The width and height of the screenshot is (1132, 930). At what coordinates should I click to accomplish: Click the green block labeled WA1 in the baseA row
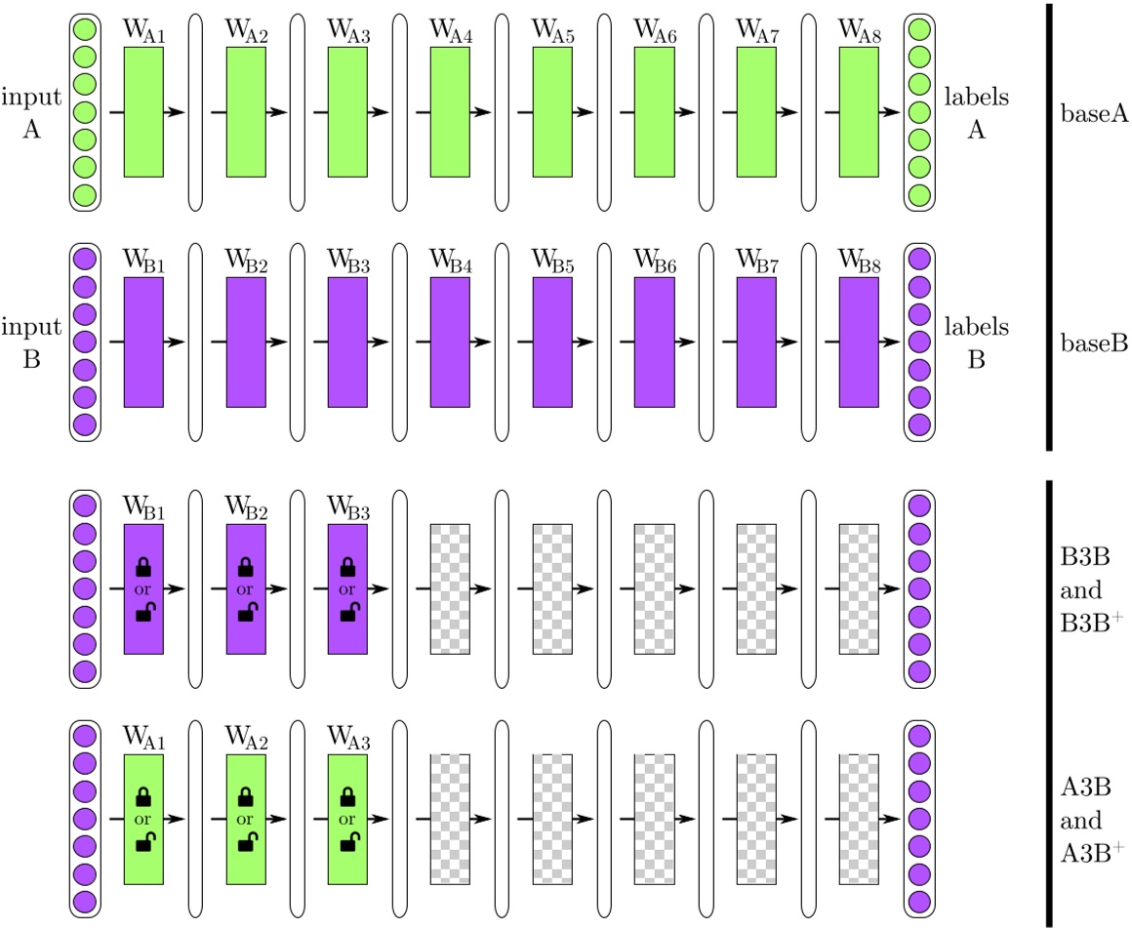[143, 111]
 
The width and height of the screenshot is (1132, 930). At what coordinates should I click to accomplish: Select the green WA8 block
[859, 111]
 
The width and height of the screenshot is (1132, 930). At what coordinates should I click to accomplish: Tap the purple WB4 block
[450, 342]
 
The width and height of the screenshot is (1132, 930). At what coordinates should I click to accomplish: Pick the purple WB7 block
[756, 342]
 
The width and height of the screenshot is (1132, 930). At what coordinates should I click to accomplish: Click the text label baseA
[1093, 115]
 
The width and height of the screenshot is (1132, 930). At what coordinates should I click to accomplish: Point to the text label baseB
[1093, 344]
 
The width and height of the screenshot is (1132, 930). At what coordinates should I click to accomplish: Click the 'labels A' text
[976, 114]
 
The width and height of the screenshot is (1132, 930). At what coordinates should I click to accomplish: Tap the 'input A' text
[32, 113]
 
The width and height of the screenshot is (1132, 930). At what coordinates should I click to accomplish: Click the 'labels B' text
[976, 343]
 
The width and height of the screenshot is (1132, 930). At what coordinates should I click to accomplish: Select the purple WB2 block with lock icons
[246, 589]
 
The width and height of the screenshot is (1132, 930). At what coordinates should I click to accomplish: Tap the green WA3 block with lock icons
[347, 819]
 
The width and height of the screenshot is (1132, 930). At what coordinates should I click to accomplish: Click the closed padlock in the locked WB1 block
[143, 566]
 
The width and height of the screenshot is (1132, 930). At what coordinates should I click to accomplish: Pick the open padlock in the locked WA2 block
[246, 842]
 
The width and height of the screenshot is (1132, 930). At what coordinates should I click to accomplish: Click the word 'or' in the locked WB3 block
[347, 589]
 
